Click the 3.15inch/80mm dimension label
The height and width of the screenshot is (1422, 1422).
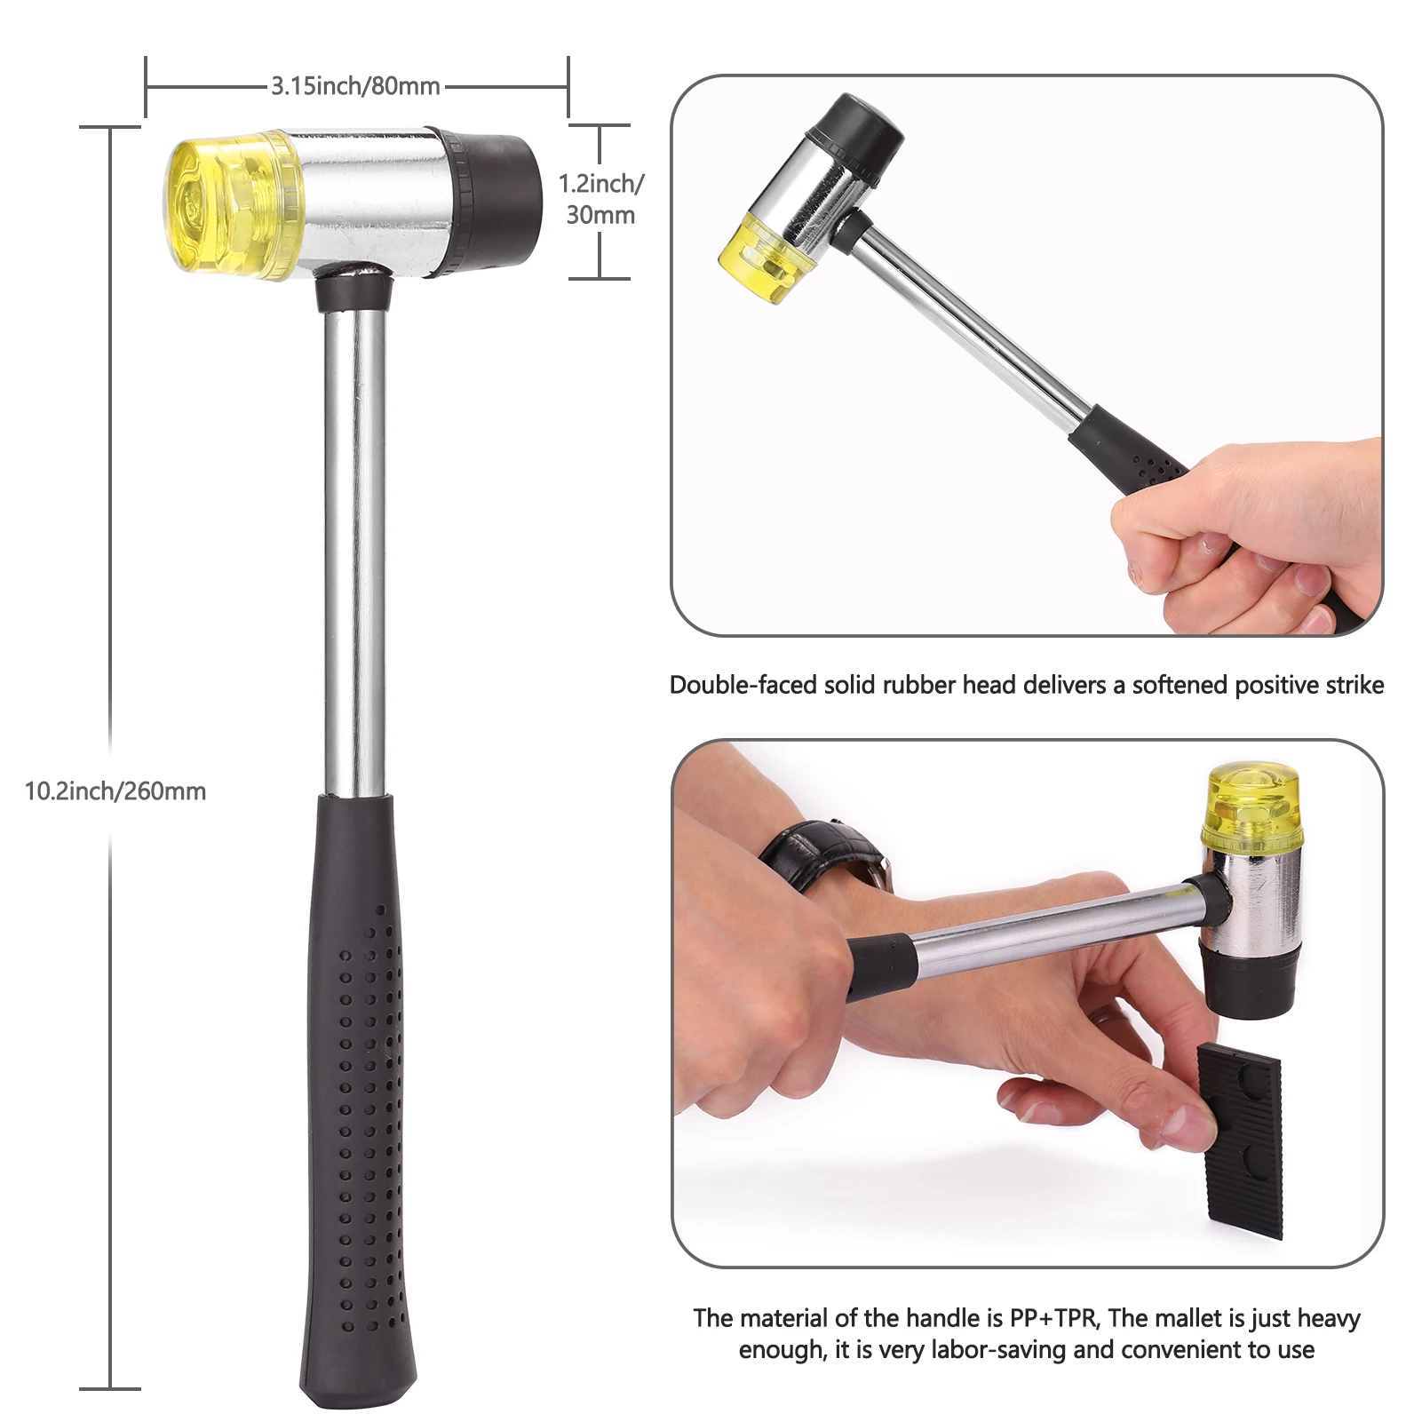click(355, 86)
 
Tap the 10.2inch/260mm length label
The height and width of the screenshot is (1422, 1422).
click(115, 791)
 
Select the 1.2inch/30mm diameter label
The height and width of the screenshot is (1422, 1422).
click(601, 199)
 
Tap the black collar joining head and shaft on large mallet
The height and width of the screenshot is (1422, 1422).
click(354, 291)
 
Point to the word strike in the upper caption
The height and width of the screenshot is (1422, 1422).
click(1354, 685)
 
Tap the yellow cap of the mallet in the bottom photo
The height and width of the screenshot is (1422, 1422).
click(1253, 808)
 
